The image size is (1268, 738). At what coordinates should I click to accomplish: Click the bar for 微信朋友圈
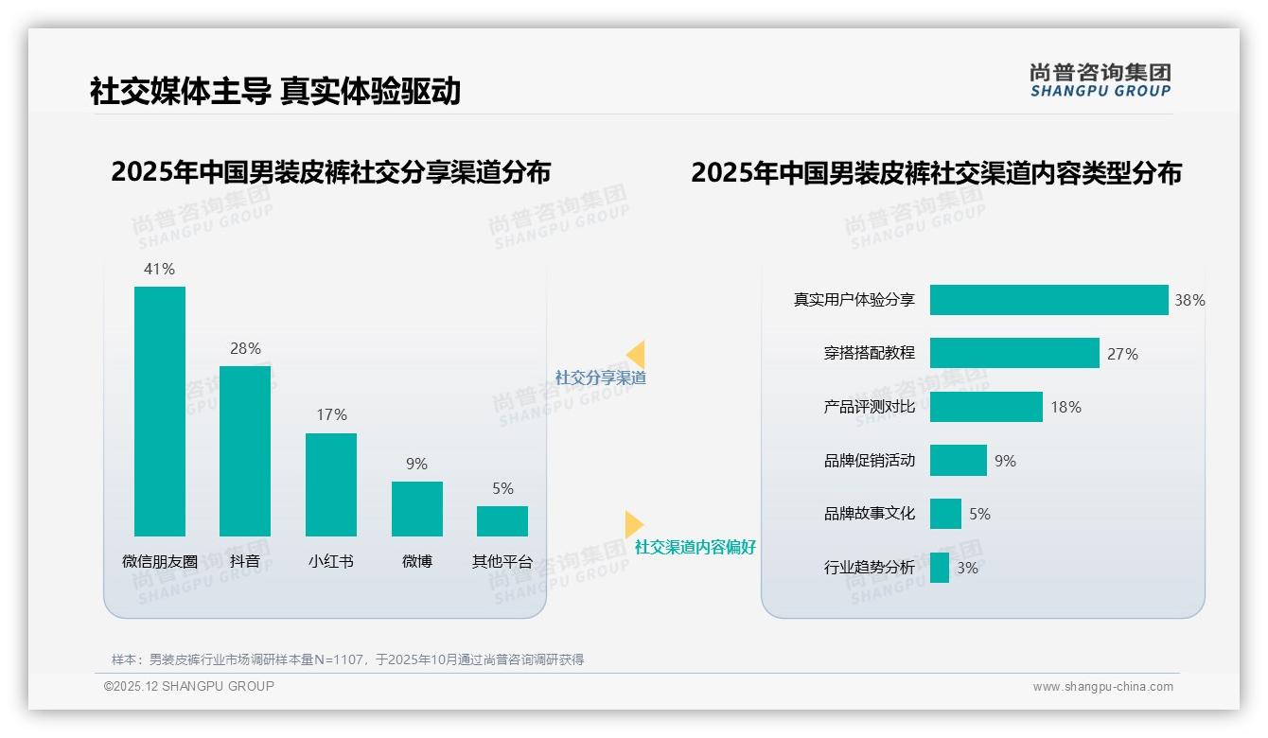160,412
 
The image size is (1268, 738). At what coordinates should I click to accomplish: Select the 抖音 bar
245,451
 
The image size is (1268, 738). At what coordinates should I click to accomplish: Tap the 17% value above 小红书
331,414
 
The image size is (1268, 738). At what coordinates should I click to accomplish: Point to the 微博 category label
416,561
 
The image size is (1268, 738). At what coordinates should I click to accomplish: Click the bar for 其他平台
502,521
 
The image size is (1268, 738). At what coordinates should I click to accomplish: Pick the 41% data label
159,269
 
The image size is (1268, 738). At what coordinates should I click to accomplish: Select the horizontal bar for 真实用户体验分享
1048,300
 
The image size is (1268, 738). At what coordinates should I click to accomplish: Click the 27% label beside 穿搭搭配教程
1122,354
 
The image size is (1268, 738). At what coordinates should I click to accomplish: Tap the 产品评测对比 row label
869,407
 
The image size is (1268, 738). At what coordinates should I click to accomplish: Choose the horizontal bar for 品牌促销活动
958,461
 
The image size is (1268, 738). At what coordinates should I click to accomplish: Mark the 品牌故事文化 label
869,514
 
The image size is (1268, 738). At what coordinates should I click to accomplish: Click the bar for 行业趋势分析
939,568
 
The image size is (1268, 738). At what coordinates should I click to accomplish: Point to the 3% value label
967,568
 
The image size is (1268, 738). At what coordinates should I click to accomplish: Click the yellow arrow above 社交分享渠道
636,355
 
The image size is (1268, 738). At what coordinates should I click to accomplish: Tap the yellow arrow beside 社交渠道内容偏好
634,524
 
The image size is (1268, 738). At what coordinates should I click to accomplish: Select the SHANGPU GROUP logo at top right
1100,80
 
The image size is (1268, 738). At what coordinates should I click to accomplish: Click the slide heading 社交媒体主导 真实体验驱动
275,91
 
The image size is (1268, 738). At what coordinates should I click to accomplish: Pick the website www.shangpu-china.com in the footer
1102,687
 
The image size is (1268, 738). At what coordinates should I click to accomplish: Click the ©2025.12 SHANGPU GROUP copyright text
188,686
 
